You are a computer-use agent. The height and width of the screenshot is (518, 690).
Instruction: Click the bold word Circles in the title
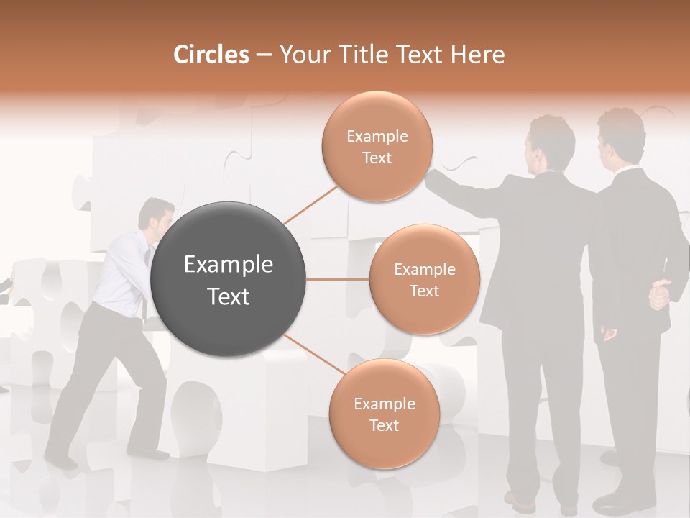click(x=211, y=55)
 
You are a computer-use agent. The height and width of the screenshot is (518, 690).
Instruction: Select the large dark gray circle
click(x=229, y=280)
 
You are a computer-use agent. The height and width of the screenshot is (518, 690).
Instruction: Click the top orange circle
click(x=377, y=146)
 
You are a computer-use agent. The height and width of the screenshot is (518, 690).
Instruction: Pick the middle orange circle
click(x=424, y=279)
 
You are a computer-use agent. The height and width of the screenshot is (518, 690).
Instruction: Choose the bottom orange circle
click(x=384, y=414)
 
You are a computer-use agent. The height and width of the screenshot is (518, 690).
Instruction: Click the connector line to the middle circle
click(x=338, y=279)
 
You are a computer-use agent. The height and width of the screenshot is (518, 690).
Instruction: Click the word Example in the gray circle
click(x=229, y=265)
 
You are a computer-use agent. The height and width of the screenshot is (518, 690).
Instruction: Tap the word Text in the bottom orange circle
click(x=384, y=425)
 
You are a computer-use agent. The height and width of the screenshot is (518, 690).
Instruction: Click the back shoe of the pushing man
click(x=60, y=461)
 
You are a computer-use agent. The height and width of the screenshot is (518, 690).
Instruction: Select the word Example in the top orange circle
click(x=377, y=137)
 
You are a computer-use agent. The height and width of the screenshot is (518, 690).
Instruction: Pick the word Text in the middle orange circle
click(x=424, y=291)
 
